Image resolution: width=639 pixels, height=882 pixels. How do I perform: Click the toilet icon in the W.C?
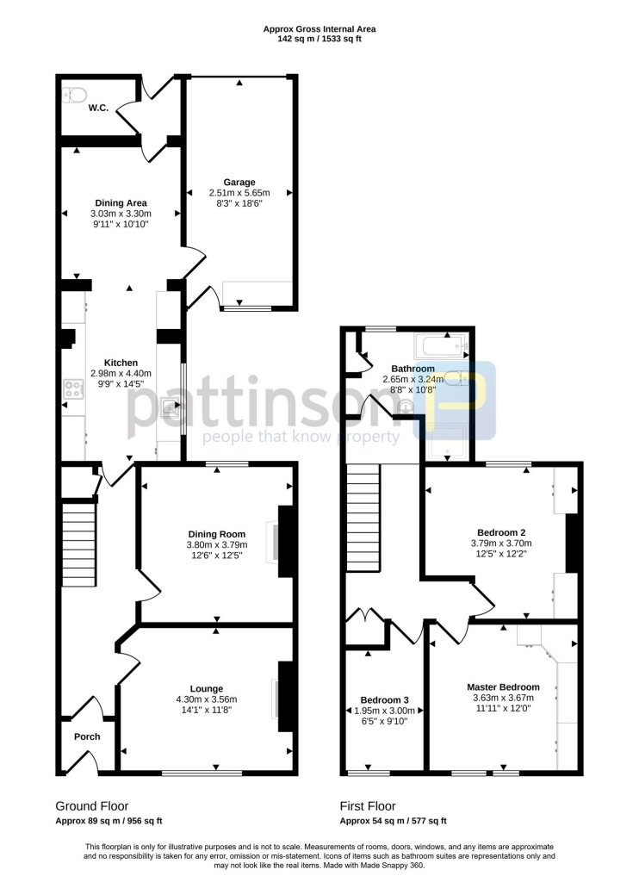tap(71, 94)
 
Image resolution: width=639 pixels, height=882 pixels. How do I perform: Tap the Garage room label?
tap(239, 183)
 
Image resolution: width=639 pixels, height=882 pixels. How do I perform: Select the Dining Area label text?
tap(121, 203)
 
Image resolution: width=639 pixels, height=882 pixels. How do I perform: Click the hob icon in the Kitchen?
tap(71, 390)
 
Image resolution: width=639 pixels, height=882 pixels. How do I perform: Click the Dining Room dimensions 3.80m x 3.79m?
tap(216, 545)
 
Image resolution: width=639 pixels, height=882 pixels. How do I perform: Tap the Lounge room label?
tap(207, 688)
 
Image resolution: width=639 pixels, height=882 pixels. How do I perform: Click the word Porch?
tap(87, 736)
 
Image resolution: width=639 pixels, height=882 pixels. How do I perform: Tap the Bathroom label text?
tap(413, 369)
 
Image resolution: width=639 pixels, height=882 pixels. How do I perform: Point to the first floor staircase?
tap(363, 517)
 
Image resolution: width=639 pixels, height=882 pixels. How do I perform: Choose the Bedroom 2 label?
tap(501, 532)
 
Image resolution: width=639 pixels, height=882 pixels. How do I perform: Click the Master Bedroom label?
tap(503, 686)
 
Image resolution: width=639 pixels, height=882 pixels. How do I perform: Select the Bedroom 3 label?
tap(385, 699)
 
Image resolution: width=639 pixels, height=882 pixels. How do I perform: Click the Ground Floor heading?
tap(92, 806)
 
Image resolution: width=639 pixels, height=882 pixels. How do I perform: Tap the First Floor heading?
tap(368, 806)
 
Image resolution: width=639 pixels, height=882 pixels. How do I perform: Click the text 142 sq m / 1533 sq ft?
tap(319, 39)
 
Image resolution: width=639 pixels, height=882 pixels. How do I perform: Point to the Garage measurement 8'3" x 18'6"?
tap(239, 204)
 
